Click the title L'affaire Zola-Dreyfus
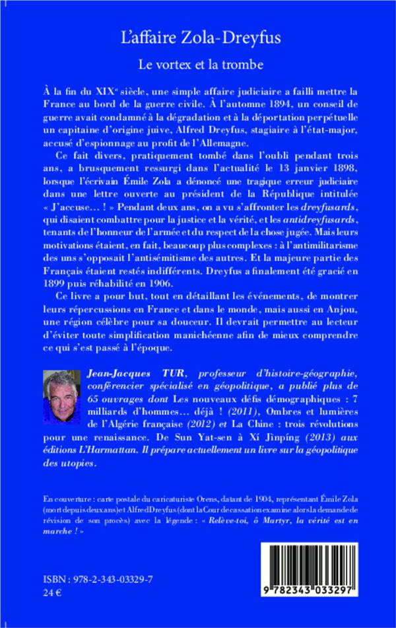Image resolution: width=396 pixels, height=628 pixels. coord(197,39)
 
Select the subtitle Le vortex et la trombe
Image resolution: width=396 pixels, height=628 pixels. coord(197,65)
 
